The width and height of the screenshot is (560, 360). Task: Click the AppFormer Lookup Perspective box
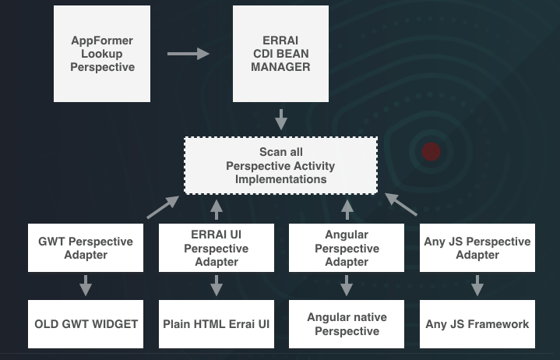102,53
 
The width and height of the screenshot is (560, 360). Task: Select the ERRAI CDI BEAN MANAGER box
280,53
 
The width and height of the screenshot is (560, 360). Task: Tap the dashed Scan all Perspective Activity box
280,165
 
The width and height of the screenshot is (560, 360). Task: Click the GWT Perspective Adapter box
86,248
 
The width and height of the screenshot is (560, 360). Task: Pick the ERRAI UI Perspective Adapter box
216,248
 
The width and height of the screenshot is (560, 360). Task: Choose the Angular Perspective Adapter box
347,248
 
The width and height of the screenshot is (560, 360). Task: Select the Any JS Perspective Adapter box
477,248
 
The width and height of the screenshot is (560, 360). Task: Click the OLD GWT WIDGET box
86,323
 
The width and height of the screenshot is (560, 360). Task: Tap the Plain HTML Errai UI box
216,323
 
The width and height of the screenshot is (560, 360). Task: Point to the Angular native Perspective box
347,323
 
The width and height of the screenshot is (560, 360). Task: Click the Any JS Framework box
477,323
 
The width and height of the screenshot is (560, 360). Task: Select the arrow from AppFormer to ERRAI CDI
188,54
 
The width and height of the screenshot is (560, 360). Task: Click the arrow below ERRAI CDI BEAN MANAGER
281,118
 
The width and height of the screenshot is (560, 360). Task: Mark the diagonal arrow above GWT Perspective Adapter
162,206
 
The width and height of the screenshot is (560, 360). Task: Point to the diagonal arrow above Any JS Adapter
401,204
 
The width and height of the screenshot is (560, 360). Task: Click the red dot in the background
431,152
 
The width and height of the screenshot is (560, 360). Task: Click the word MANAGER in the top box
280,67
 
